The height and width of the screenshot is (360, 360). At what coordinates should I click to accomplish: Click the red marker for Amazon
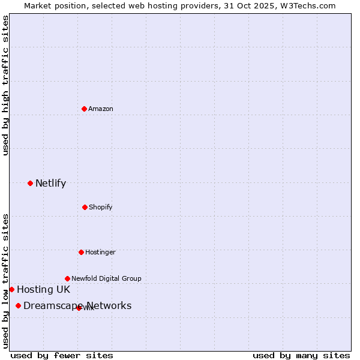[x=84, y=109]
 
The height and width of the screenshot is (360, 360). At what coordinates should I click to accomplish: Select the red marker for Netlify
[x=30, y=183]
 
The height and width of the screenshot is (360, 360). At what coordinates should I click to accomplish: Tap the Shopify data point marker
[x=85, y=207]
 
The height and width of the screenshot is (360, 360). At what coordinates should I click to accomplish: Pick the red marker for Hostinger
[x=81, y=252]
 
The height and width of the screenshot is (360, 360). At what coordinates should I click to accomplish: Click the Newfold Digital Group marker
[x=67, y=278]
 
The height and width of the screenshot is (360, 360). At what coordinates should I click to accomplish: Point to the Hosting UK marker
[x=11, y=289]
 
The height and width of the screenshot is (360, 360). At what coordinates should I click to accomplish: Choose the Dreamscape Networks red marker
[x=18, y=306]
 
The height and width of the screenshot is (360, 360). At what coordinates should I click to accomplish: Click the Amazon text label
[x=101, y=109]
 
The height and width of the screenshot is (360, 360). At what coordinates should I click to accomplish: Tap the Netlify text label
[x=50, y=183]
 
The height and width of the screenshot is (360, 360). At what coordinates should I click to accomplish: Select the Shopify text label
[x=101, y=207]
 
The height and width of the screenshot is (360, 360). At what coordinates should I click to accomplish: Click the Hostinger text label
[x=100, y=252]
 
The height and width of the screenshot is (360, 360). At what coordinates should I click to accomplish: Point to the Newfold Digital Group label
[x=106, y=278]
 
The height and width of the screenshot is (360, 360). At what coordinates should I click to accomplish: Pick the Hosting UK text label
[x=43, y=289]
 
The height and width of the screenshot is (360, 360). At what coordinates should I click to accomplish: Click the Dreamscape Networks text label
[x=77, y=306]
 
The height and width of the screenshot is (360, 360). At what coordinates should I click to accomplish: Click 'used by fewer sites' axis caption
[x=62, y=355]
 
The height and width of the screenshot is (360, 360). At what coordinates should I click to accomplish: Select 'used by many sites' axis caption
[x=301, y=355]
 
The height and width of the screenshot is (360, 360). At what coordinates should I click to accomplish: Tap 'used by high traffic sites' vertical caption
[x=5, y=85]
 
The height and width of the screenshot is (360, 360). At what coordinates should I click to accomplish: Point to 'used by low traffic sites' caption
[x=5, y=280]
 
